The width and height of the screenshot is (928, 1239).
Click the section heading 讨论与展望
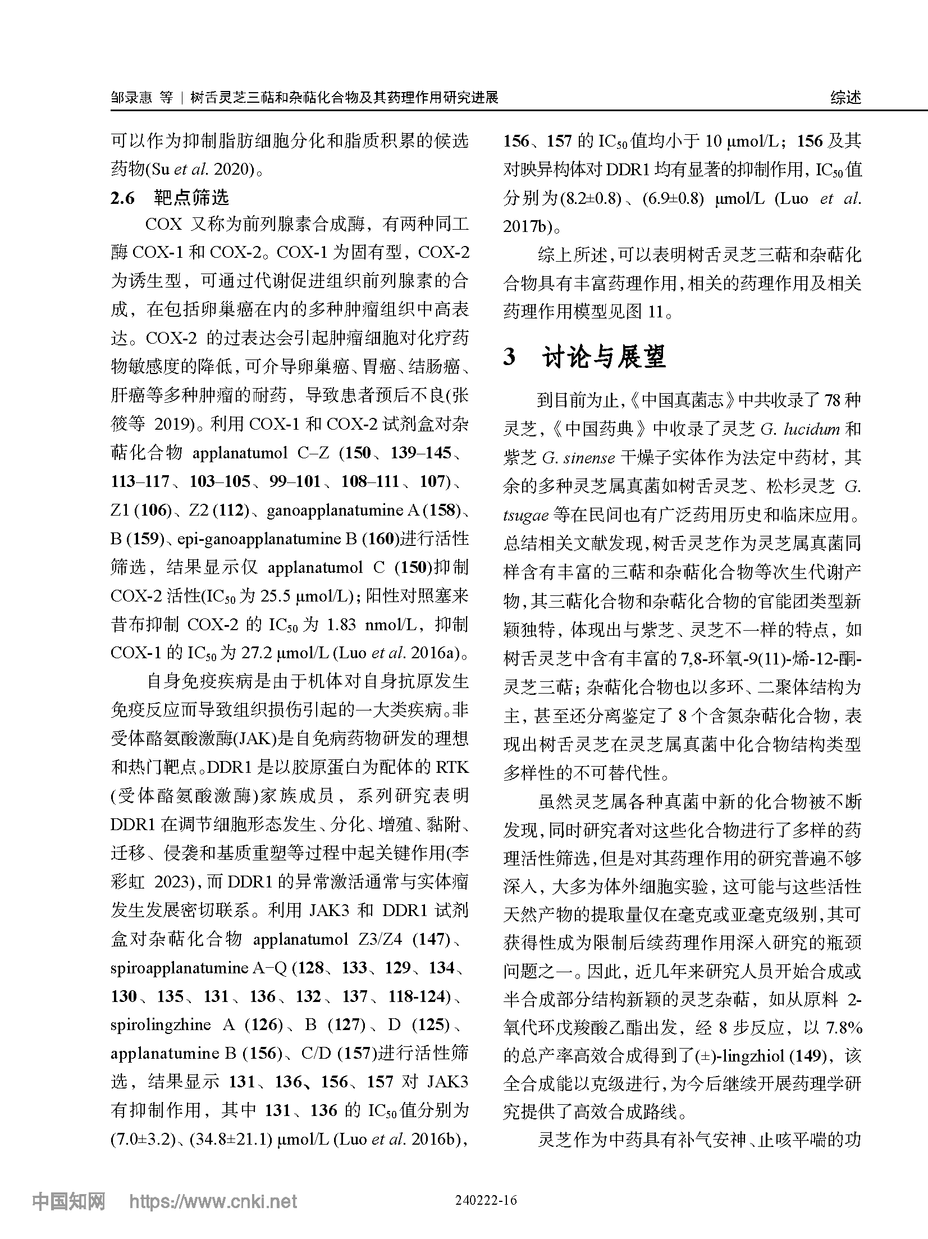click(604, 357)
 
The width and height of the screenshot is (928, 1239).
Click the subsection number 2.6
click(123, 198)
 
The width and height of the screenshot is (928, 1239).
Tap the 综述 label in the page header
click(845, 98)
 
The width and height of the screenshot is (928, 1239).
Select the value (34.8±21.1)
click(231, 1139)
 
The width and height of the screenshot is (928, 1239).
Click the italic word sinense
click(578, 458)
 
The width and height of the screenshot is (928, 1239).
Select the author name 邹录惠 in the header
click(131, 98)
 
